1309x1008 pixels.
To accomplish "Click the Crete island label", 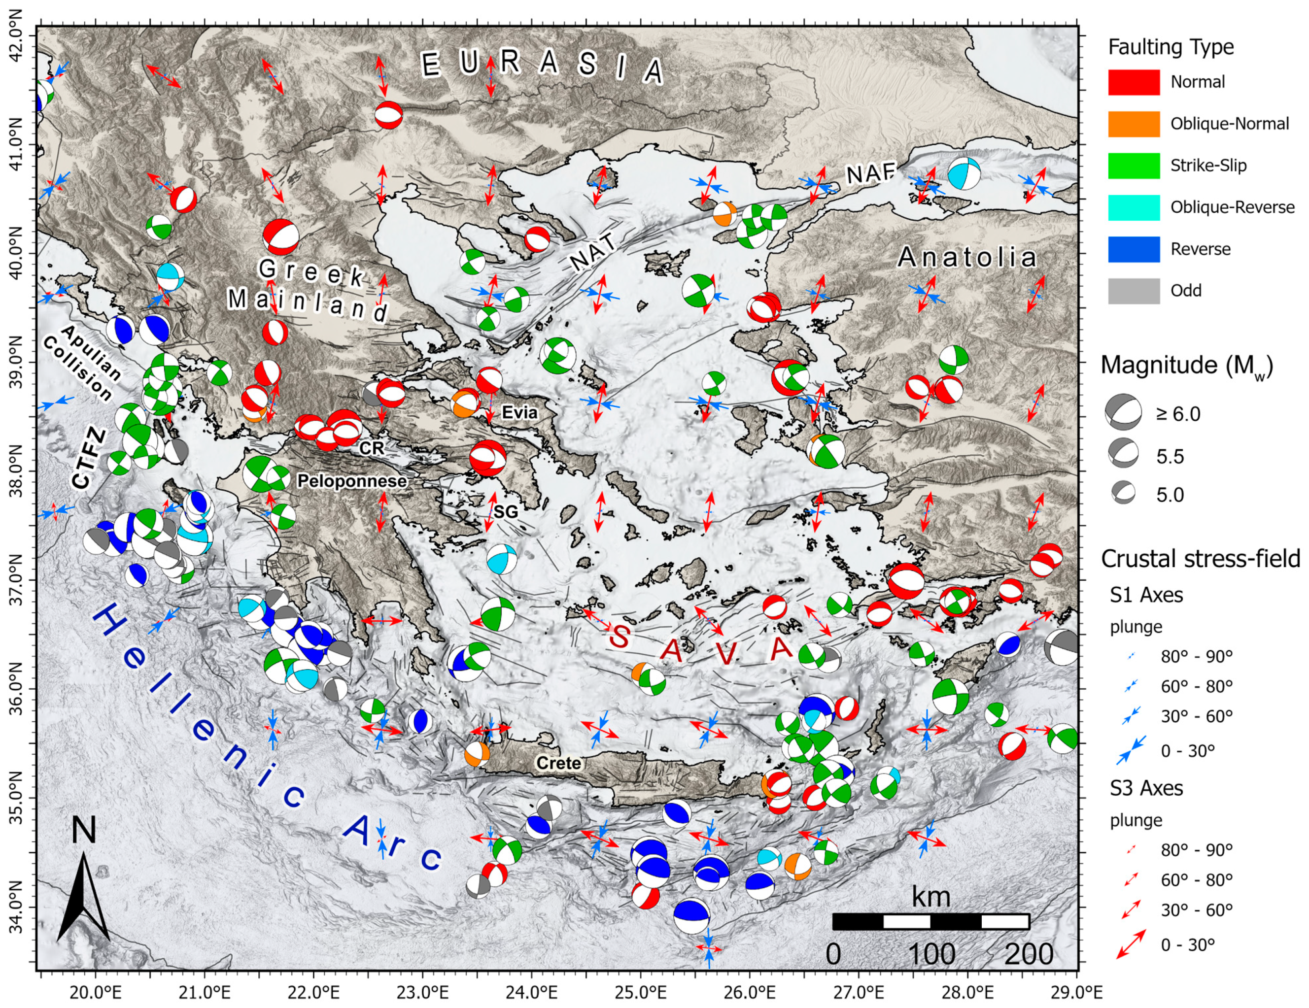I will click(558, 763).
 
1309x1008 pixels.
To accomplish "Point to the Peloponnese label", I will click(352, 481).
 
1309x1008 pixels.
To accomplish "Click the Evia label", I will click(519, 412).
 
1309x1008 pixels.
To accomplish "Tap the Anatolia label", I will click(967, 258).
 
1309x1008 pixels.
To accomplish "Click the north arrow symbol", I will click(83, 893).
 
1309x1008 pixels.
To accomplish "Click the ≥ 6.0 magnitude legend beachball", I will click(1123, 412).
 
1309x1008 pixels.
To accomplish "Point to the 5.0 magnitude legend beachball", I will click(1123, 493).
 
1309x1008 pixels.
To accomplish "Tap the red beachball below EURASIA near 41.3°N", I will click(388, 115).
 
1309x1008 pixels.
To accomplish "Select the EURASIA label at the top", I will click(543, 65).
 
